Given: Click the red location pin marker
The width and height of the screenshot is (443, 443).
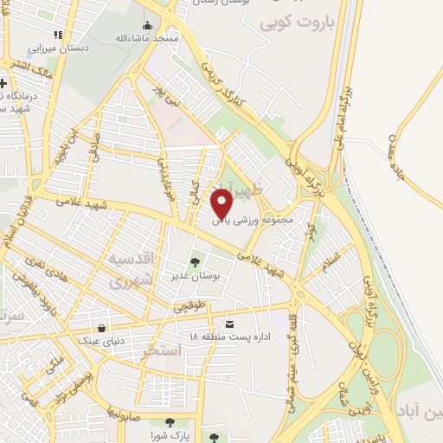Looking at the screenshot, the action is (x=223, y=203).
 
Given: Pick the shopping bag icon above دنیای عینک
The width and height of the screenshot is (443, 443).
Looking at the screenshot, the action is (x=103, y=328).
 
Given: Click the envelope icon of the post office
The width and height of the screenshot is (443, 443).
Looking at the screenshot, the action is (x=229, y=324).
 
